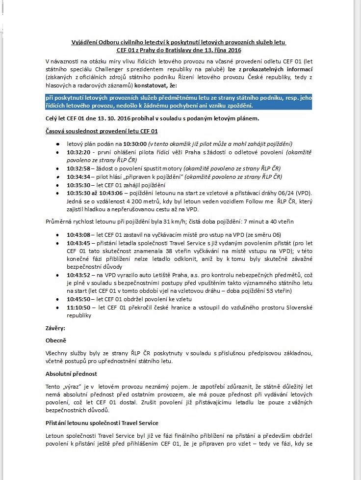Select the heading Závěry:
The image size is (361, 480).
(x=55, y=328)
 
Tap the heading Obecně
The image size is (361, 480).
(x=55, y=340)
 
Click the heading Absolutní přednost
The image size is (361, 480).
(x=71, y=374)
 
